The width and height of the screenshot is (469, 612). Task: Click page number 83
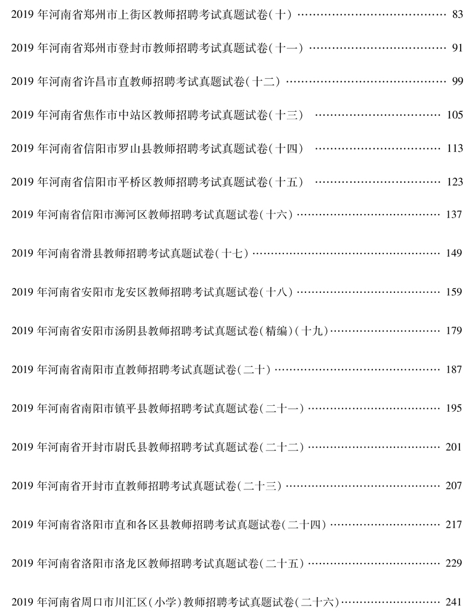point(458,14)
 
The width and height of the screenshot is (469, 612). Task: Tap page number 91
point(458,48)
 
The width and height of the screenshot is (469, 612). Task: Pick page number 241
point(455,601)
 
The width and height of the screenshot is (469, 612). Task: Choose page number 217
point(455,525)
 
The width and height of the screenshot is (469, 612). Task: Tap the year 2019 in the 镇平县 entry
point(21,409)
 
